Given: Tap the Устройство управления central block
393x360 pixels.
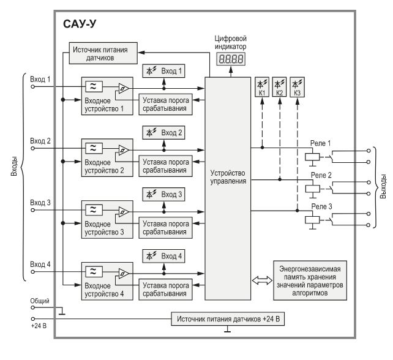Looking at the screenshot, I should (x=227, y=177).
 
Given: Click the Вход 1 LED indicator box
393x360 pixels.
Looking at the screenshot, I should (x=163, y=72).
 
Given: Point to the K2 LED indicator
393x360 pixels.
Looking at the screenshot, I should (x=279, y=86).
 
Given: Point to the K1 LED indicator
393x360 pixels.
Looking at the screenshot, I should (x=262, y=86).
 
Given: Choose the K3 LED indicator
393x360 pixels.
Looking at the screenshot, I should (x=297, y=86).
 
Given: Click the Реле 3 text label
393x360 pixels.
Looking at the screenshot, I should (x=321, y=206).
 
